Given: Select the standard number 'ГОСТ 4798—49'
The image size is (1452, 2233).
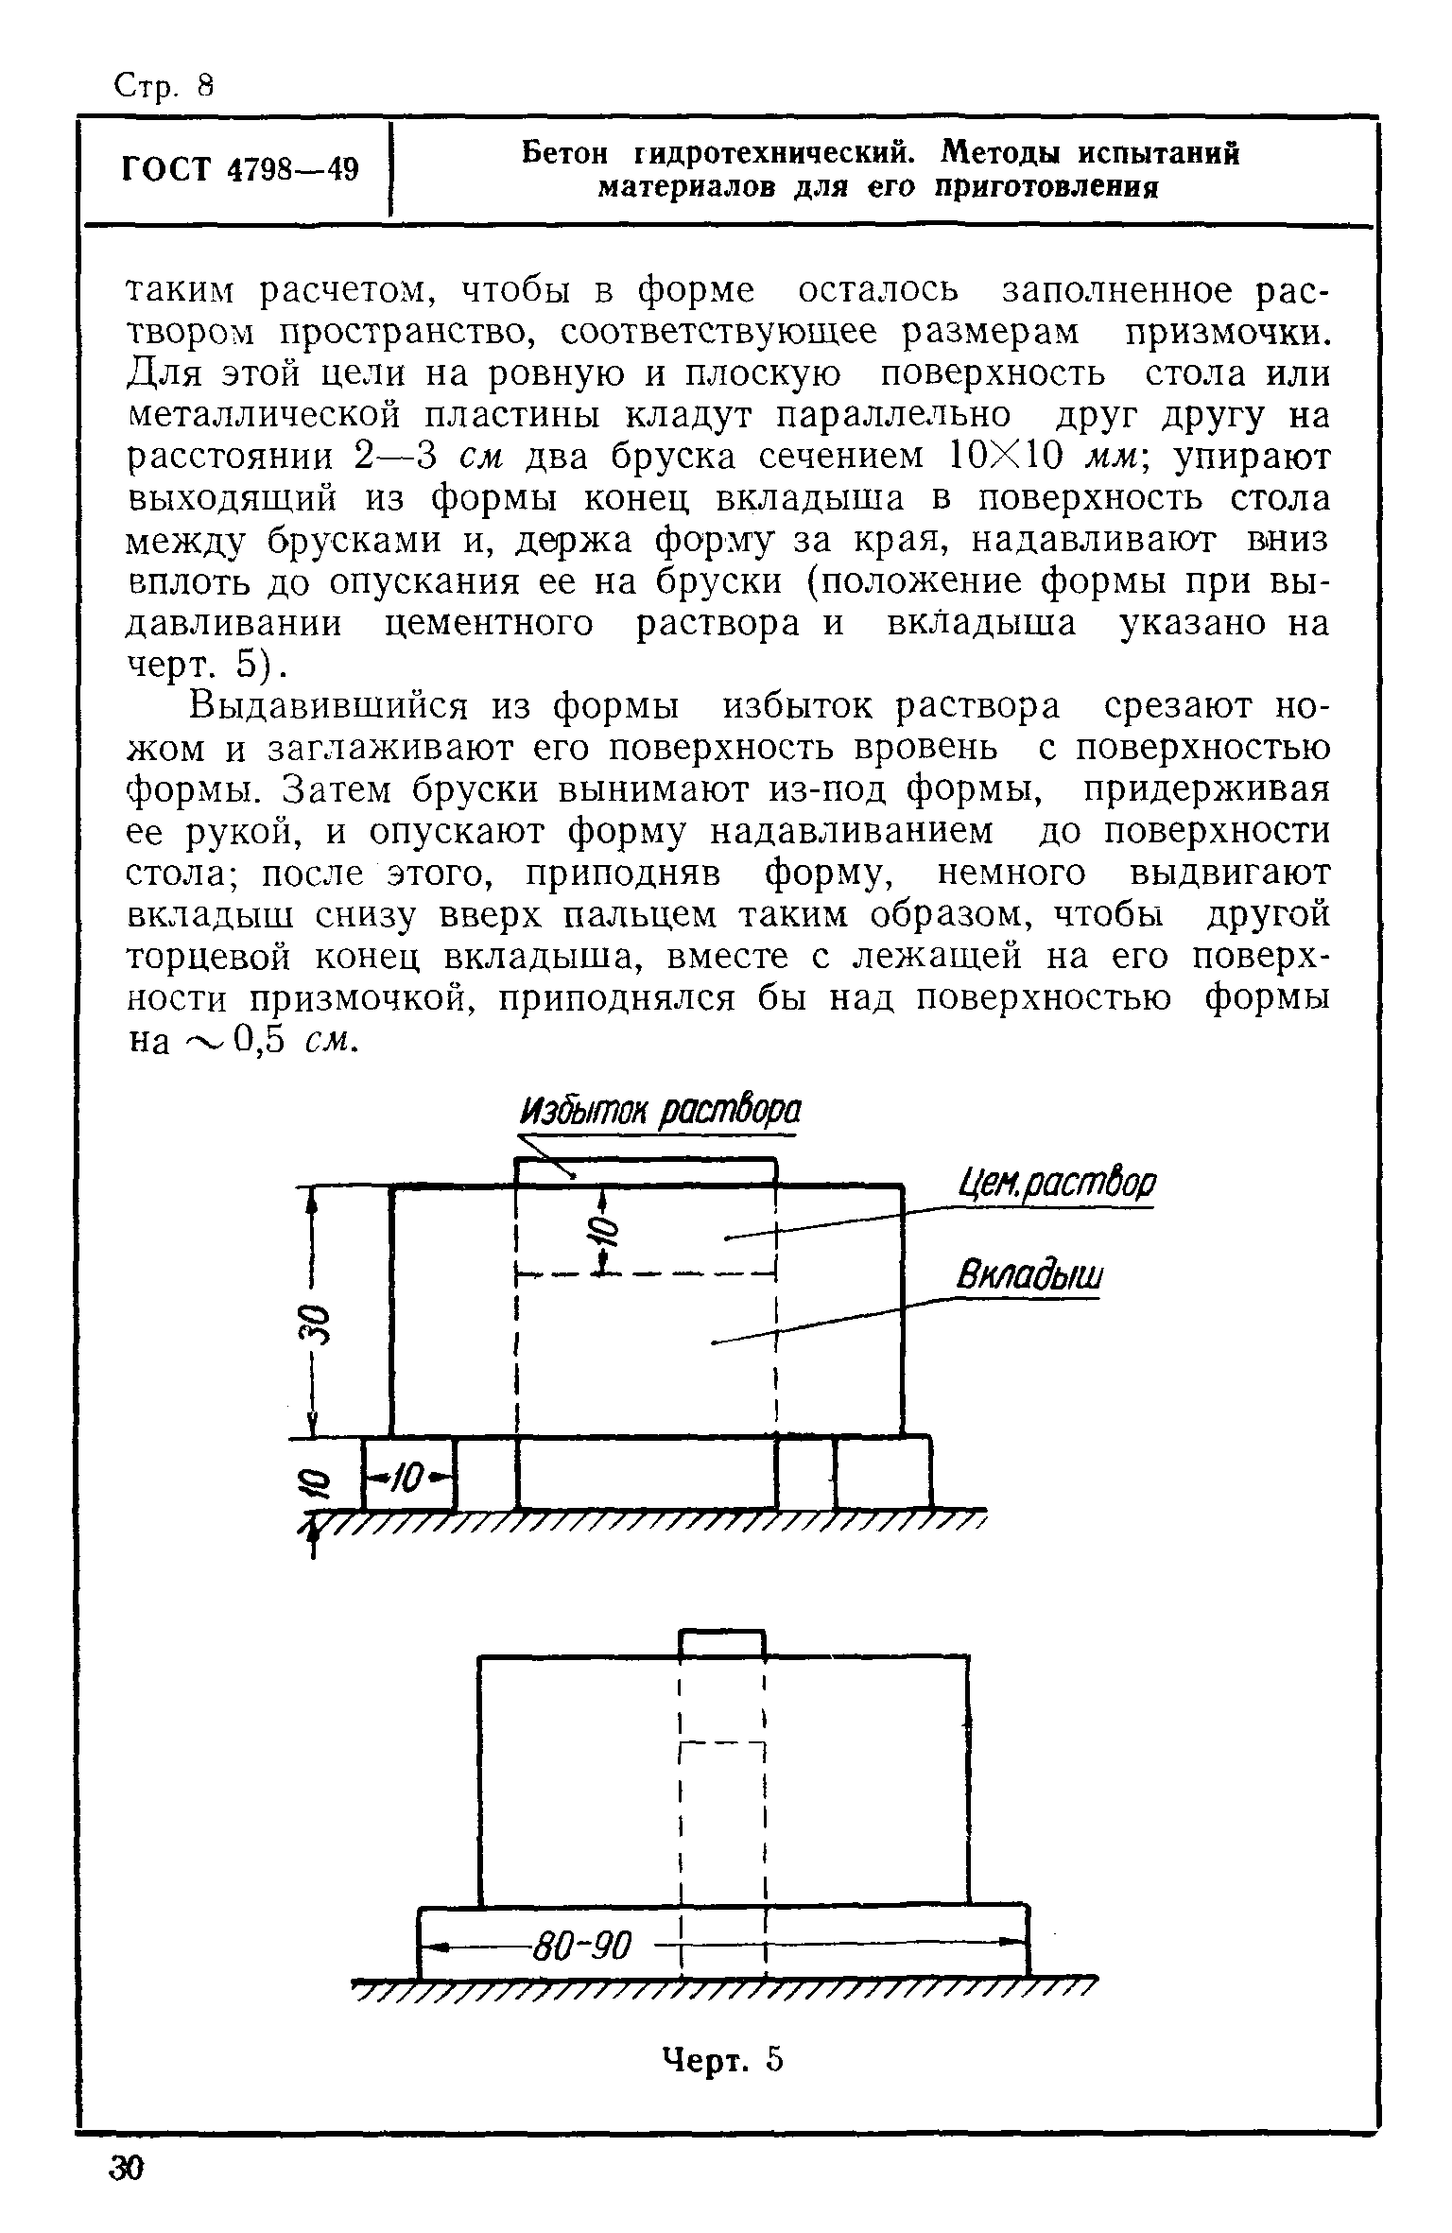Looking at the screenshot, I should point(240,170).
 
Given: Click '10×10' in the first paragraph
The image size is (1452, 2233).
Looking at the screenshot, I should point(1004,457).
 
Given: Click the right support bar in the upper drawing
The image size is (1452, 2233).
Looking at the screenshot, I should point(882,1472).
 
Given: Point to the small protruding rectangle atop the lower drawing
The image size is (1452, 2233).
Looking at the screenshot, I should point(721,1641).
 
